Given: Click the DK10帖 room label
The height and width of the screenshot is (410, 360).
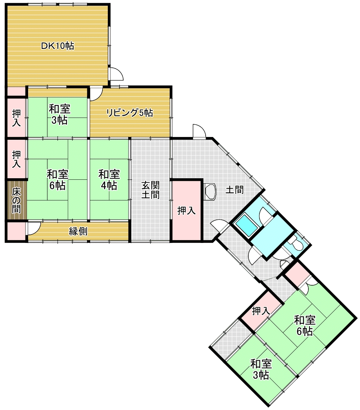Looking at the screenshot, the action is (57, 46).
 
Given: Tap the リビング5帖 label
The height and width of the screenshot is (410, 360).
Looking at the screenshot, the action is (129, 113).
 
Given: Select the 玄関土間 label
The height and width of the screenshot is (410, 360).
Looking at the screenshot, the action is (150, 190).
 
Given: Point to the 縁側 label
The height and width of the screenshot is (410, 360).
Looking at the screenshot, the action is (78, 231).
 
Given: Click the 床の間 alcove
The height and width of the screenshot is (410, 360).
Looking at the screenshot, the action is (16, 200).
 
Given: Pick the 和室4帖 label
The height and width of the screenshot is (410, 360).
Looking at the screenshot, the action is (109, 180).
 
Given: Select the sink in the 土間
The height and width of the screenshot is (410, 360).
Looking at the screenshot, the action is (210, 191).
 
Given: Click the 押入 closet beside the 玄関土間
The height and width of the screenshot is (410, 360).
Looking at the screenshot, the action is (186, 211).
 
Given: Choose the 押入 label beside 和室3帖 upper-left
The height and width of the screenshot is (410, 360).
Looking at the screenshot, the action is (16, 118).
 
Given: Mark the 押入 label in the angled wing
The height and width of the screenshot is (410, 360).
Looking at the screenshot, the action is (261, 311).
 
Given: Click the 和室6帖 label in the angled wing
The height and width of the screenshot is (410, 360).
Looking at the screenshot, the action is (305, 326).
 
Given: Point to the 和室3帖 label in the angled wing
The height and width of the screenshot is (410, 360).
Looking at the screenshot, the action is (261, 370).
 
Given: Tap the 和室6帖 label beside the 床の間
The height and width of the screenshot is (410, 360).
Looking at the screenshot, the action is (57, 180).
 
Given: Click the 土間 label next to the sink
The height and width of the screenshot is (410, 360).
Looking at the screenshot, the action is (234, 189).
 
